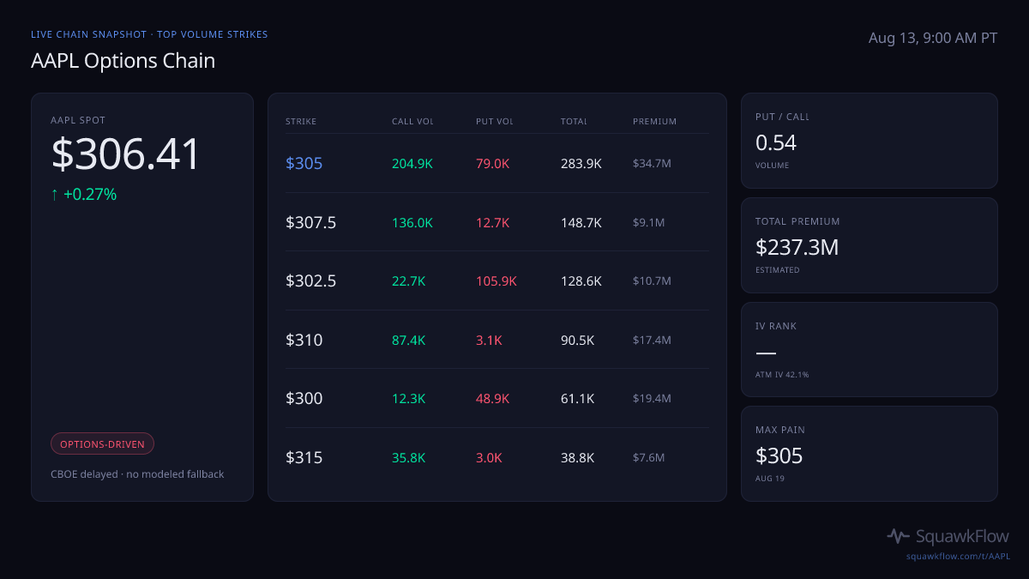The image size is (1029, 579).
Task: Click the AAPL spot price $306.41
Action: click(x=125, y=154)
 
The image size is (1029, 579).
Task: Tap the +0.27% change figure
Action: click(x=90, y=195)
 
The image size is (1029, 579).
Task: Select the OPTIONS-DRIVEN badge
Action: click(x=102, y=444)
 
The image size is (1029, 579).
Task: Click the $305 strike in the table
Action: click(x=304, y=164)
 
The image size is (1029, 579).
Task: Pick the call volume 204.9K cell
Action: click(x=412, y=164)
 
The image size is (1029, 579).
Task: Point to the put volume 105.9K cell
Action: click(x=496, y=280)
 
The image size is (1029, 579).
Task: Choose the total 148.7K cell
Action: click(x=581, y=223)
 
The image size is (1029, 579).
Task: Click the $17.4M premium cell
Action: click(x=652, y=340)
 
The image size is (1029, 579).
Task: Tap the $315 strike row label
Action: click(x=304, y=458)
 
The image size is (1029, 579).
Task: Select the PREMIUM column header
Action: click(x=654, y=121)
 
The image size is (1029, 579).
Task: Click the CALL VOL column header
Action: click(x=412, y=121)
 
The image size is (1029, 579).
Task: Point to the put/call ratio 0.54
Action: click(x=775, y=142)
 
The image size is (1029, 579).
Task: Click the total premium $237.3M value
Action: click(x=797, y=247)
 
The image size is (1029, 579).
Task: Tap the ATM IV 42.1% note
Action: click(x=782, y=375)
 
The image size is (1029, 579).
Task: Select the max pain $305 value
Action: click(x=779, y=455)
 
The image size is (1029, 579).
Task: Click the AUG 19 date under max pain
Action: click(x=770, y=479)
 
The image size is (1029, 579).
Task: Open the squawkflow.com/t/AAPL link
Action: click(x=958, y=556)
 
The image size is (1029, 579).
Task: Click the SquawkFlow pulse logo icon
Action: click(x=898, y=536)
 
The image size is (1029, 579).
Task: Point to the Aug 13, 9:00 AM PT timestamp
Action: click(x=933, y=38)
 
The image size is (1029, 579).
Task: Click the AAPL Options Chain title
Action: click(x=123, y=61)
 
